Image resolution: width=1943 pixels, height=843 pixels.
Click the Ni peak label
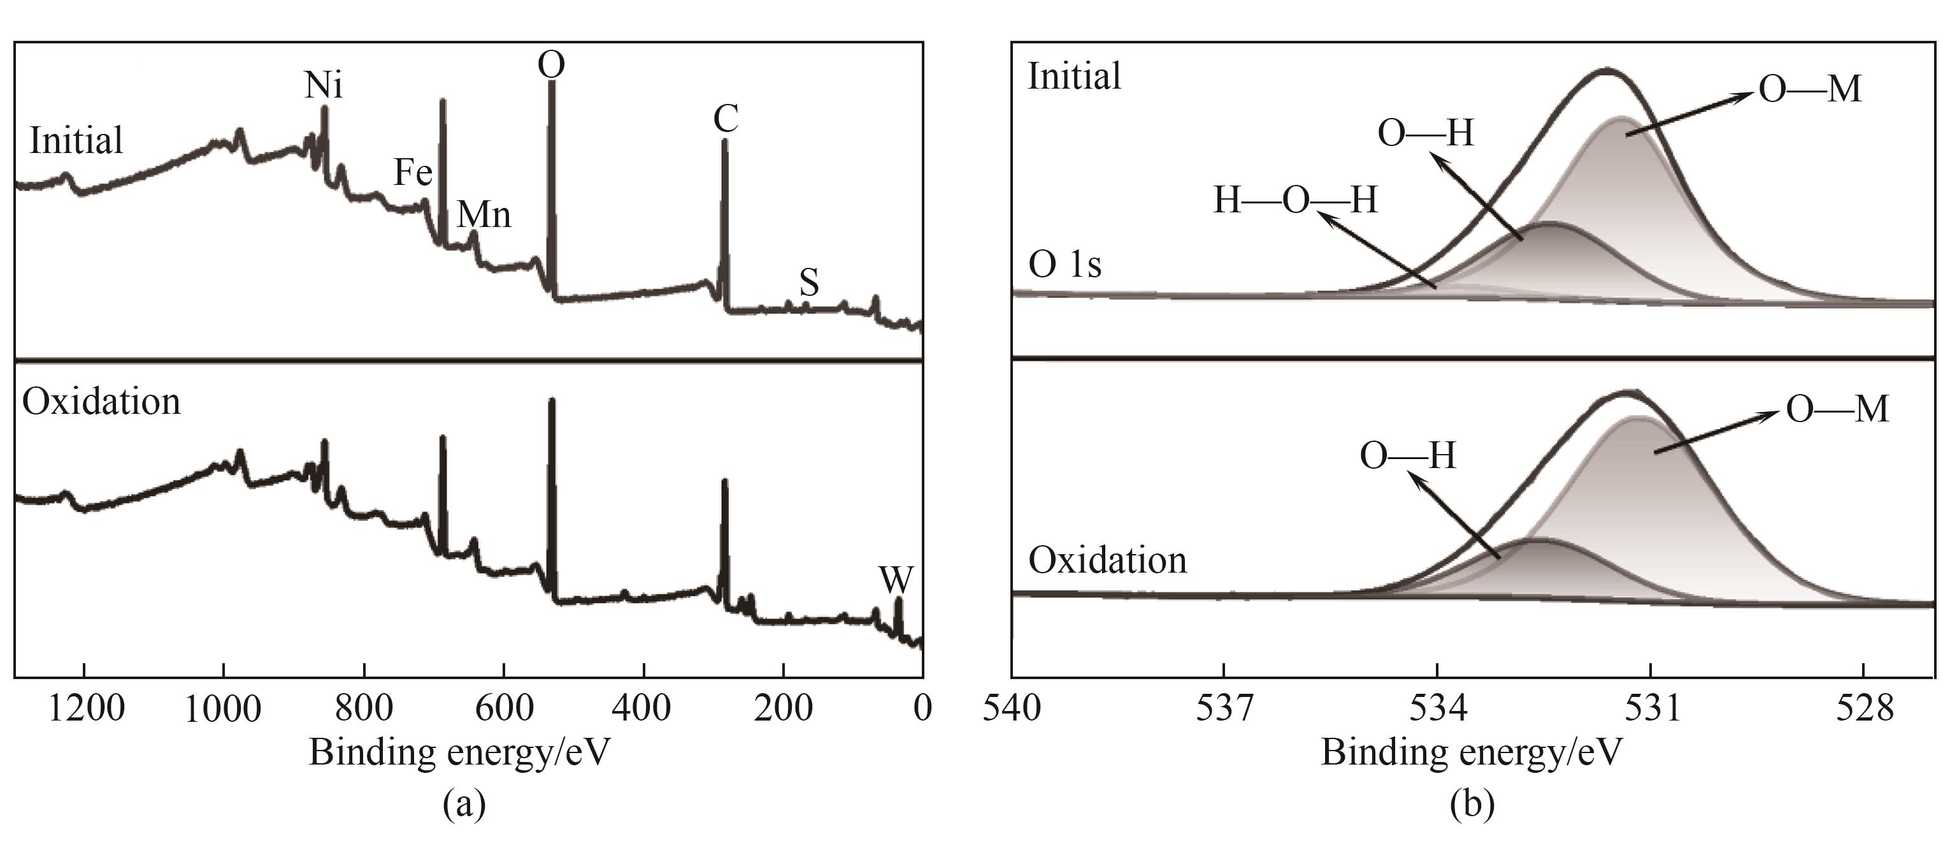pos(323,86)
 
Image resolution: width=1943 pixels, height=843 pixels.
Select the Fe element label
pos(413,173)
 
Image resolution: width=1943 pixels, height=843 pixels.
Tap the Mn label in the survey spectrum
pos(484,216)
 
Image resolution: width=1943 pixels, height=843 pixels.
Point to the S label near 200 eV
pos(808,283)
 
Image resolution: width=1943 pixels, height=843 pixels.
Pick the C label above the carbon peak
pos(726,119)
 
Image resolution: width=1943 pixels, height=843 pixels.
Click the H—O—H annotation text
pos(1295,202)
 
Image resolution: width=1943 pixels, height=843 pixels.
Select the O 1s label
pos(1065,265)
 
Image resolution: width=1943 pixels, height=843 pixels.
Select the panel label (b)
pos(1472,805)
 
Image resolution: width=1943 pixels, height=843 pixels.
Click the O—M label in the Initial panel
pos(1809,90)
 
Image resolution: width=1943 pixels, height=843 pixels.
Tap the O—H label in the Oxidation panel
pos(1407,457)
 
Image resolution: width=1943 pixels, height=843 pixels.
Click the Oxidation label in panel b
pos(1107,561)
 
